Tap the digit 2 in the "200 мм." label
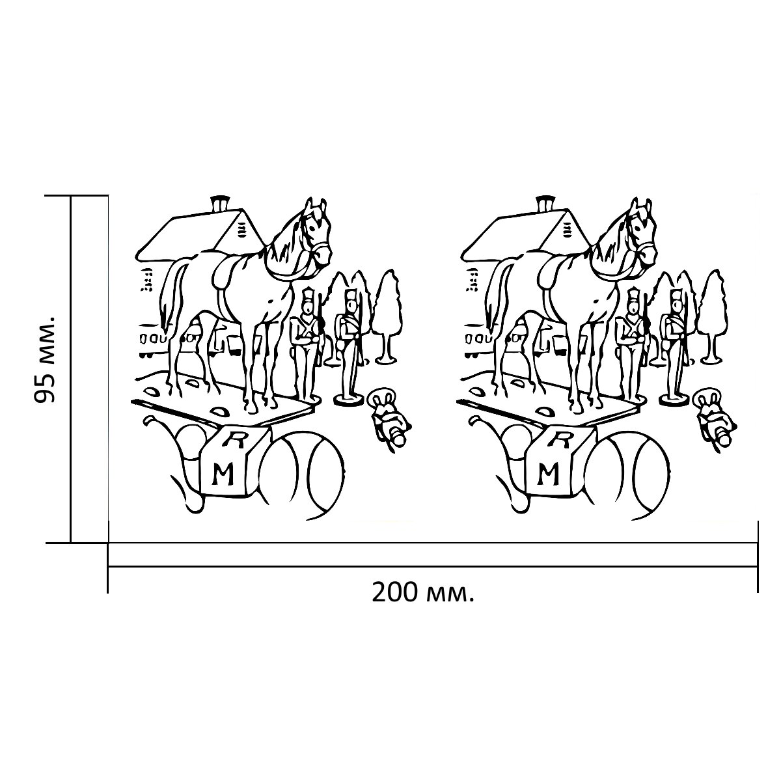tap(379, 593)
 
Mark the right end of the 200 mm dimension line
tap(757, 567)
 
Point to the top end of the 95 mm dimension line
tap(71, 196)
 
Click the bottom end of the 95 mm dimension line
tap(71, 542)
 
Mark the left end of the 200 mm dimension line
tap(108, 567)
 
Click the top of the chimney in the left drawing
tap(220, 197)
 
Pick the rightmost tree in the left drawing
tap(387, 316)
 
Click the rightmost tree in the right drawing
tap(713, 316)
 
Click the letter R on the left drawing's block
tap(235, 441)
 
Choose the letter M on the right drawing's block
tap(549, 474)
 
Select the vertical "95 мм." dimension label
tap(44, 357)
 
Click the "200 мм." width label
tap(423, 593)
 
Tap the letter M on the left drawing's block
tap(223, 474)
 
